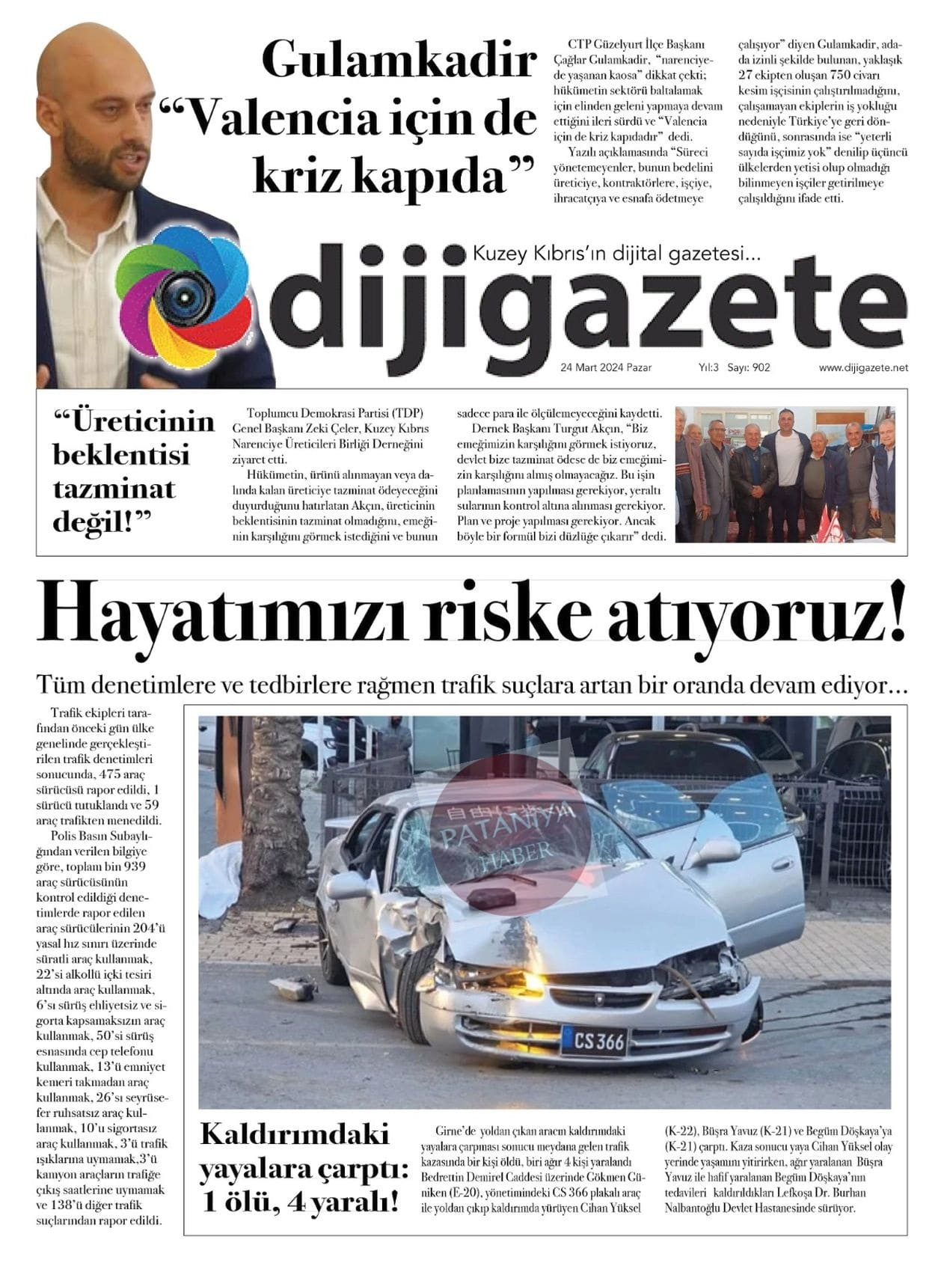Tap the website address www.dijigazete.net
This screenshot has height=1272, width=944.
[862, 367]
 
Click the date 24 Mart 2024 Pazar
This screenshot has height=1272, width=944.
[605, 367]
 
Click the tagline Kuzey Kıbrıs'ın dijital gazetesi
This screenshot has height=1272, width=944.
[616, 254]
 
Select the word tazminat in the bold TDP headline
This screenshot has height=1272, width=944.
[114, 489]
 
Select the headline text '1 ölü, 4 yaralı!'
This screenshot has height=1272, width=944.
[301, 1202]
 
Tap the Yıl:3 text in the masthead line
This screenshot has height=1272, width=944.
[708, 367]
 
